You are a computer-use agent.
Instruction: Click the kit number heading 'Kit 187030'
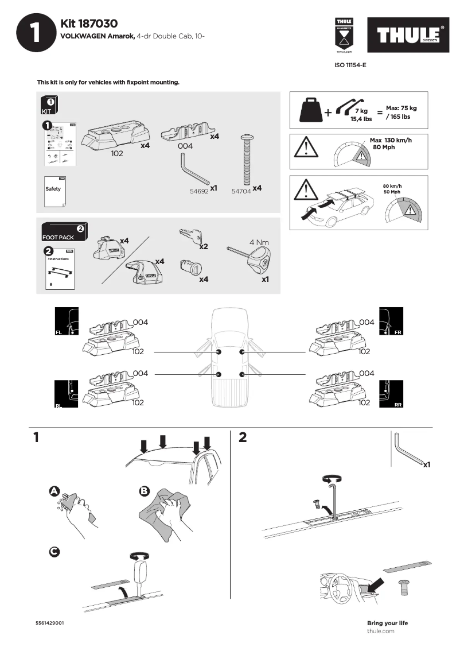pos(89,24)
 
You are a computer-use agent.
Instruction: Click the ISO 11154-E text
pos(350,65)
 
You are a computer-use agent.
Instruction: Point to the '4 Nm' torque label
pos(259,242)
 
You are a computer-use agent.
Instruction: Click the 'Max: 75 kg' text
pos(401,108)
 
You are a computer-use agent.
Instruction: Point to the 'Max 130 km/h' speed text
pos(391,140)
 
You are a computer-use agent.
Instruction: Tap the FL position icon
pos(66,321)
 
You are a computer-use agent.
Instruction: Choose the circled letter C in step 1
pos(54,551)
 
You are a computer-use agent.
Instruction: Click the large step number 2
pos(243,438)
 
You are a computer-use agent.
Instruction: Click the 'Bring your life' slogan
pos(387,623)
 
